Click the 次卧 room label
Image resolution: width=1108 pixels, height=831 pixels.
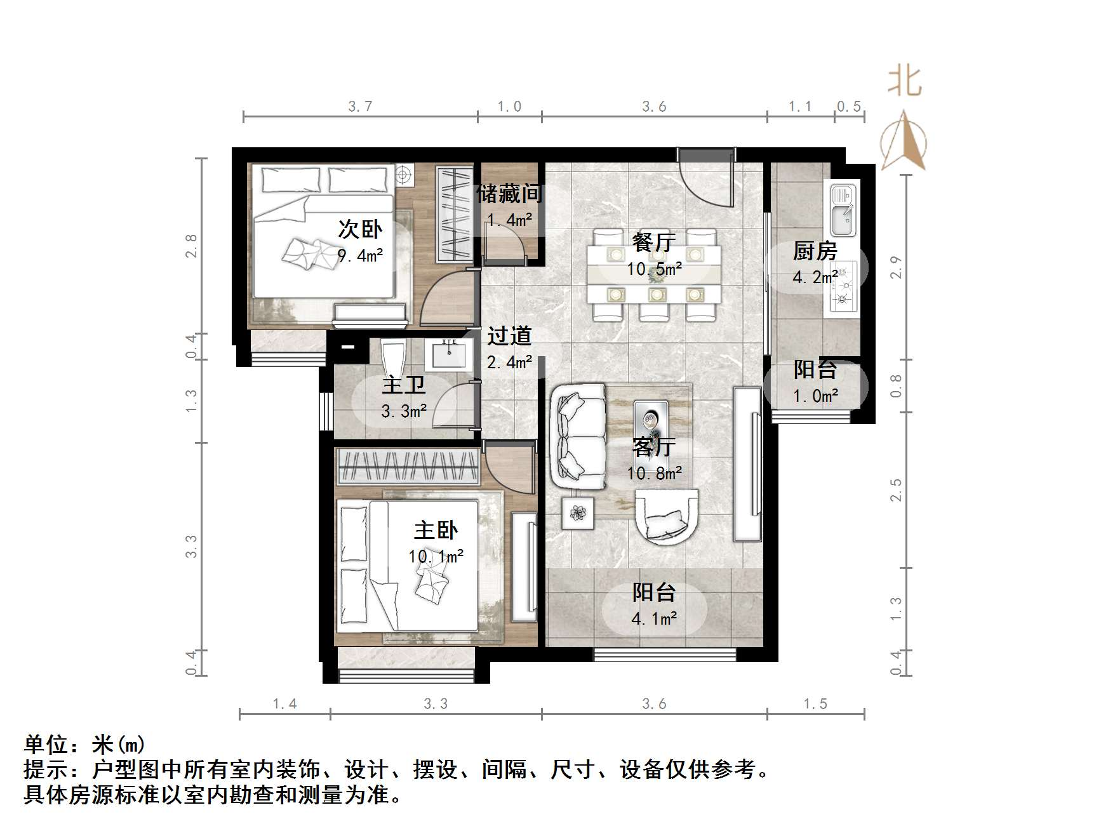[360, 229]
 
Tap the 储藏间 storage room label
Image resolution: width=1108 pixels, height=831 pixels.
[509, 194]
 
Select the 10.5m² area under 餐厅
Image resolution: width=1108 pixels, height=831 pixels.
[654, 269]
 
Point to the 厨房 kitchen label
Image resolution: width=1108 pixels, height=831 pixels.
[815, 251]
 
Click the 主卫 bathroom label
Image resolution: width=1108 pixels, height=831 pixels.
[404, 385]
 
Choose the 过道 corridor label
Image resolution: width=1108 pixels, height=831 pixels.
[509, 336]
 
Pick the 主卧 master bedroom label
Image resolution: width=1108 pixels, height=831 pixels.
[436, 530]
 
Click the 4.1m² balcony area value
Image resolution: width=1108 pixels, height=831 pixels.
[654, 618]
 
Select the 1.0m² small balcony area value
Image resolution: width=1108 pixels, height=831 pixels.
[815, 397]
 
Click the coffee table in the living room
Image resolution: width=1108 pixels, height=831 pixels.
[651, 420]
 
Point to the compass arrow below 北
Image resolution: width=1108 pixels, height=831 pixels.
[904, 141]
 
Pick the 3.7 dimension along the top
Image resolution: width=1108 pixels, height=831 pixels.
[360, 107]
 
